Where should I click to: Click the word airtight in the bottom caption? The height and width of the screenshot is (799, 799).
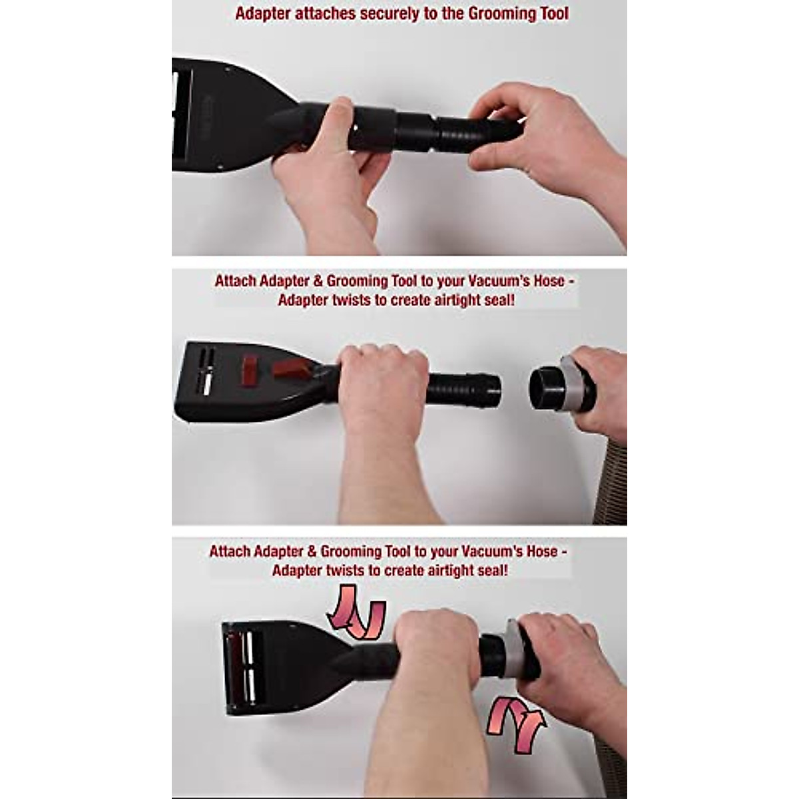[x=429, y=571]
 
